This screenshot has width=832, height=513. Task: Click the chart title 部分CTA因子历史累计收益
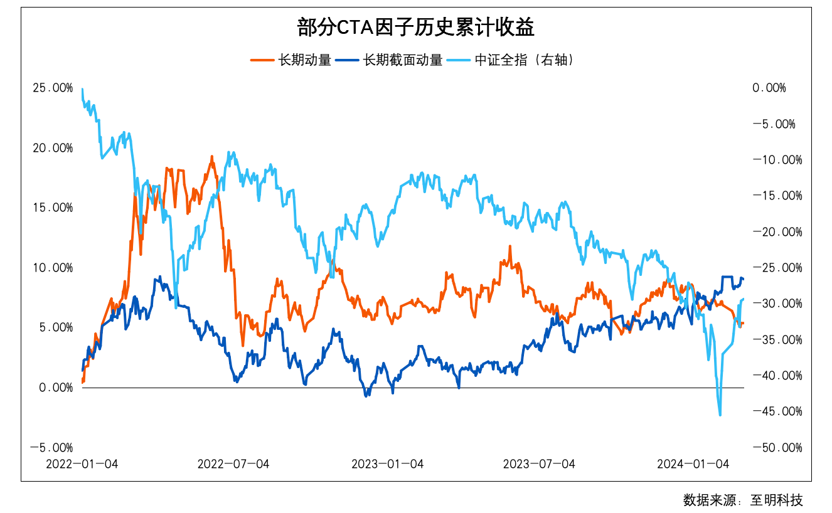[x=415, y=28]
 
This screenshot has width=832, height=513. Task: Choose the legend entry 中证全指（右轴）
[x=525, y=60]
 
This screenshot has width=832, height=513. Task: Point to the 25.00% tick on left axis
[x=52, y=88]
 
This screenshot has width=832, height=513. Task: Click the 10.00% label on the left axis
[x=52, y=268]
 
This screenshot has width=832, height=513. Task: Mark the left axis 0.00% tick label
[x=55, y=388]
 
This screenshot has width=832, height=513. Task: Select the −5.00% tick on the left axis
[x=52, y=448]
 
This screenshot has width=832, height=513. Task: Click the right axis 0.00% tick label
[x=769, y=88]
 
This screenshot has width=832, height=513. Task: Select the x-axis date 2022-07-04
[x=233, y=464]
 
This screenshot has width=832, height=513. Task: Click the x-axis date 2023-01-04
[x=387, y=464]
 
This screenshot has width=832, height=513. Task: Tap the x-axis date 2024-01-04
[x=693, y=464]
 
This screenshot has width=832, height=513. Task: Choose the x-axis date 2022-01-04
[x=82, y=464]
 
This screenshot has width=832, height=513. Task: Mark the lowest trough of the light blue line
[x=720, y=415]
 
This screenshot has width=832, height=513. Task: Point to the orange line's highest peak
[x=212, y=157]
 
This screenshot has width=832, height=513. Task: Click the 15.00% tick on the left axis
[x=52, y=208]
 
